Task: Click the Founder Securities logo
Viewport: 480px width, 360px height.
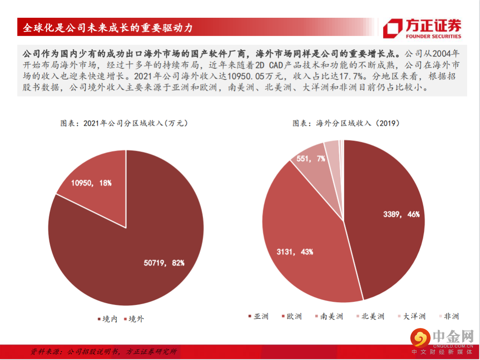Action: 422,28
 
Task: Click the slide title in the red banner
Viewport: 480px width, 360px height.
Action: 108,28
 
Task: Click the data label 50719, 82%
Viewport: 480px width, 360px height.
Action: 164,263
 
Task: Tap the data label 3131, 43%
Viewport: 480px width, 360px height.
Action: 295,252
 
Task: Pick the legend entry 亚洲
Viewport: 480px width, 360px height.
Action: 258,316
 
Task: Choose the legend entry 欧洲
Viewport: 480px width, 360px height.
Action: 292,316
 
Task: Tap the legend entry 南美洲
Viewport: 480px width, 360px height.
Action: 329,316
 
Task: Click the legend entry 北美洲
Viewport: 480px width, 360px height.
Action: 370,316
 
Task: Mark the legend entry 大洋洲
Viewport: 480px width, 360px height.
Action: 411,316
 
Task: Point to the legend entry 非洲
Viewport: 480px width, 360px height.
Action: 448,316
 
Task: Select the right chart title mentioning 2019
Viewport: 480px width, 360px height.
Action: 345,123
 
